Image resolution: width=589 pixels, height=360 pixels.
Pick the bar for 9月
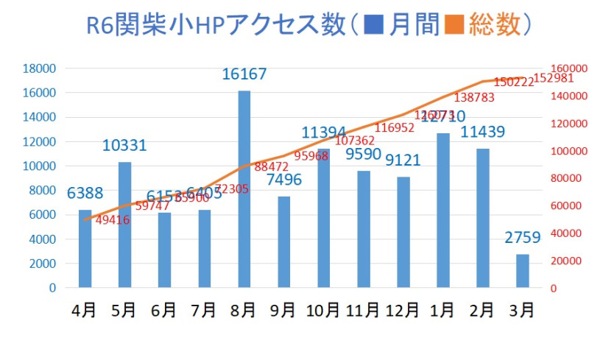pyautogui.click(x=284, y=242)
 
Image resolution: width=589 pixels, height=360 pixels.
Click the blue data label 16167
pyautogui.click(x=244, y=74)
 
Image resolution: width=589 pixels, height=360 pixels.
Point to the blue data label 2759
pyautogui.click(x=523, y=237)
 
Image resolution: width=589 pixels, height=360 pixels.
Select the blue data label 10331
pyautogui.click(x=124, y=146)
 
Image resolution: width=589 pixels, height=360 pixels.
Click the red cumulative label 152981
pyautogui.click(x=553, y=78)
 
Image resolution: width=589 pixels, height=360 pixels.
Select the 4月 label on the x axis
pyautogui.click(x=84, y=311)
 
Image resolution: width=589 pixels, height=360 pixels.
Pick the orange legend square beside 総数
pyautogui.click(x=457, y=27)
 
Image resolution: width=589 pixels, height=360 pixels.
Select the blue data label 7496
pyautogui.click(x=284, y=180)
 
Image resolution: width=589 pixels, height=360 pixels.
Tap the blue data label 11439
pyautogui.click(x=483, y=133)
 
